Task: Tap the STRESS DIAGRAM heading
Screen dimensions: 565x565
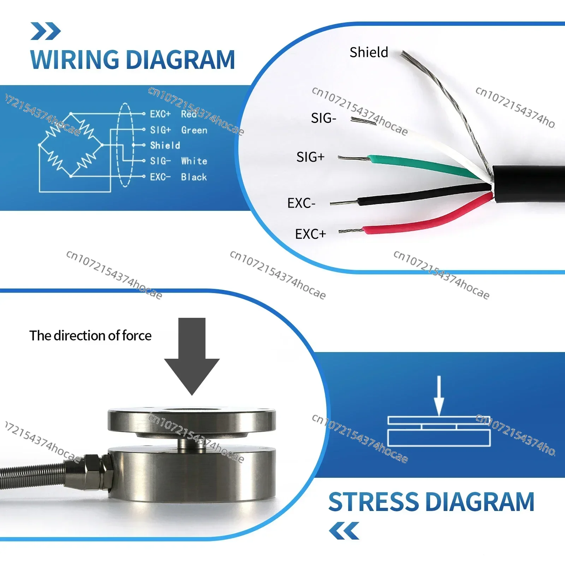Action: click(x=431, y=502)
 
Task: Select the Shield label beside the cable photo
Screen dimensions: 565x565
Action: click(x=369, y=52)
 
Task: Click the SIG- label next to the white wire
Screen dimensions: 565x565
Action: click(x=323, y=118)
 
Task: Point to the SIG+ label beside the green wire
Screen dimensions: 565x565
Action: click(x=310, y=157)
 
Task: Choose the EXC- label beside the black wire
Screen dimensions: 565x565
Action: click(x=301, y=203)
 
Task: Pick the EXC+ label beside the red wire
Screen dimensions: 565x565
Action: click(x=310, y=234)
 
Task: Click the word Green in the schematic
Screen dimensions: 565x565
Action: click(x=194, y=130)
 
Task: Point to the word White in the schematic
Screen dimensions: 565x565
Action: click(x=194, y=161)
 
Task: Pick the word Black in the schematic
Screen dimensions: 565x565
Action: click(x=194, y=177)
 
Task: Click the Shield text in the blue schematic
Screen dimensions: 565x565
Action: click(x=165, y=145)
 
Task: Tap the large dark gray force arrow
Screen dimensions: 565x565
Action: click(x=192, y=357)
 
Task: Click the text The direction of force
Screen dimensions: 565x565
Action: click(x=90, y=335)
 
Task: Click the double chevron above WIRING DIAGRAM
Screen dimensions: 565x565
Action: click(x=46, y=31)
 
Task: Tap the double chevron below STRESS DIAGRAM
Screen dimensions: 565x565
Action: click(x=344, y=531)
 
